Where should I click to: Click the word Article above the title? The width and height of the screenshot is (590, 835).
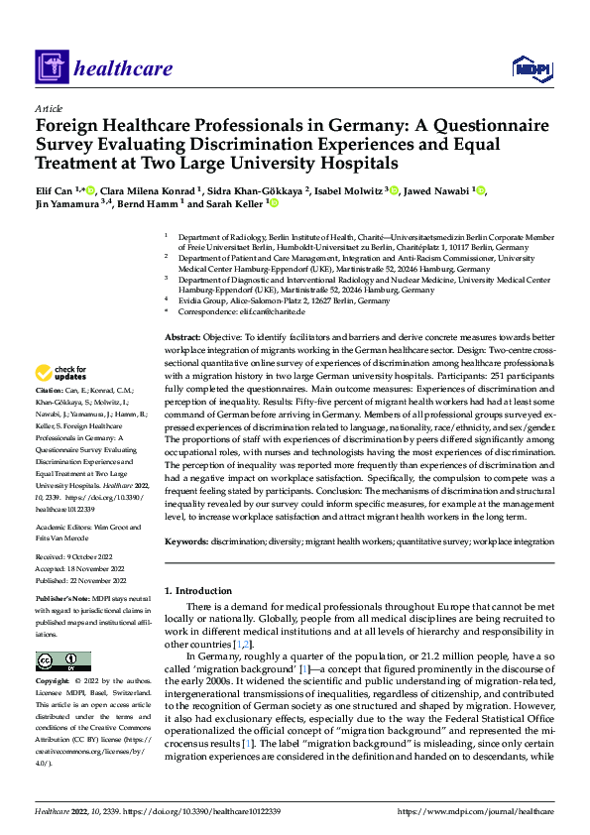pyautogui.click(x=49, y=108)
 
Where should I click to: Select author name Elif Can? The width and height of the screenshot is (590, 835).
pyautogui.click(x=55, y=190)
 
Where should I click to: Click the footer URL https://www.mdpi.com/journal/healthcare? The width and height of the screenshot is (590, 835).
pyautogui.click(x=475, y=810)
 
